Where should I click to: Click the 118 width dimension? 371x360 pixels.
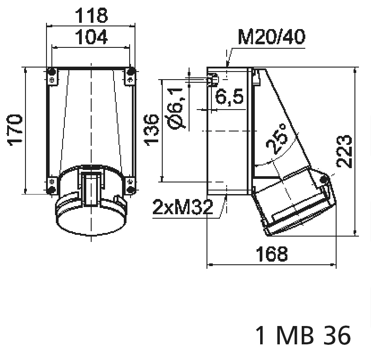[x=91, y=16]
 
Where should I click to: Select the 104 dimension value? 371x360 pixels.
[x=91, y=37]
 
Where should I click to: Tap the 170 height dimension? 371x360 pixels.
[x=16, y=130]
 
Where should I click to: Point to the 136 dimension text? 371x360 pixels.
[x=152, y=130]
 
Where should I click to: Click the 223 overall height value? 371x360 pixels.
[x=344, y=152]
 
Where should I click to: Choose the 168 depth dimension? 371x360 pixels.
[x=272, y=254]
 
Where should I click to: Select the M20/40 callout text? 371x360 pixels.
[x=272, y=37]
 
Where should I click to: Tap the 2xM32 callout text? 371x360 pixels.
[x=183, y=207]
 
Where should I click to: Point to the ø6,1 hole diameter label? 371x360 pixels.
[x=176, y=109]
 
